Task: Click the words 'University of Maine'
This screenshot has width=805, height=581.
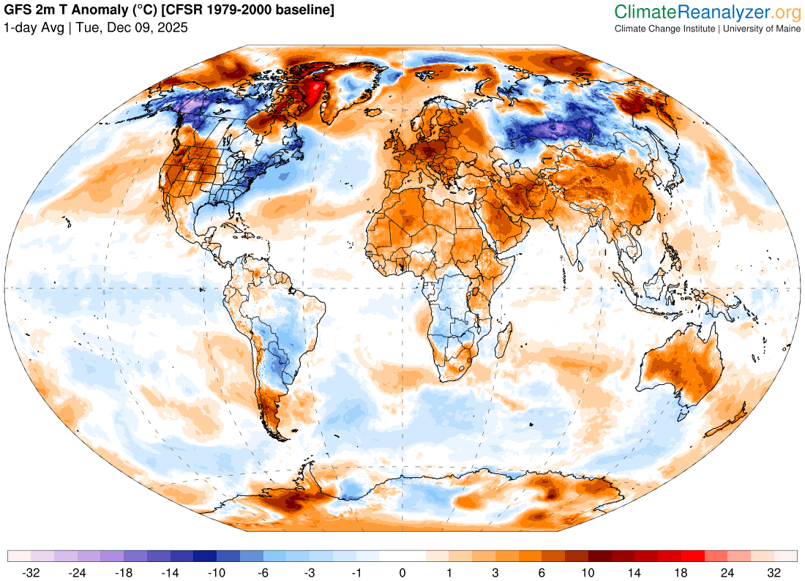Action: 761,29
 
